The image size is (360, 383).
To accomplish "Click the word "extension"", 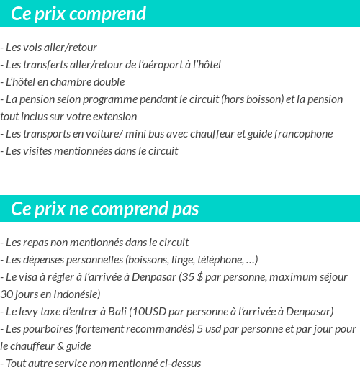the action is tap(113, 117).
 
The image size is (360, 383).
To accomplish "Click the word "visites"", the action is tap(38, 151).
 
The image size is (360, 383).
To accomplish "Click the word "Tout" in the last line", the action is tap(17, 364).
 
